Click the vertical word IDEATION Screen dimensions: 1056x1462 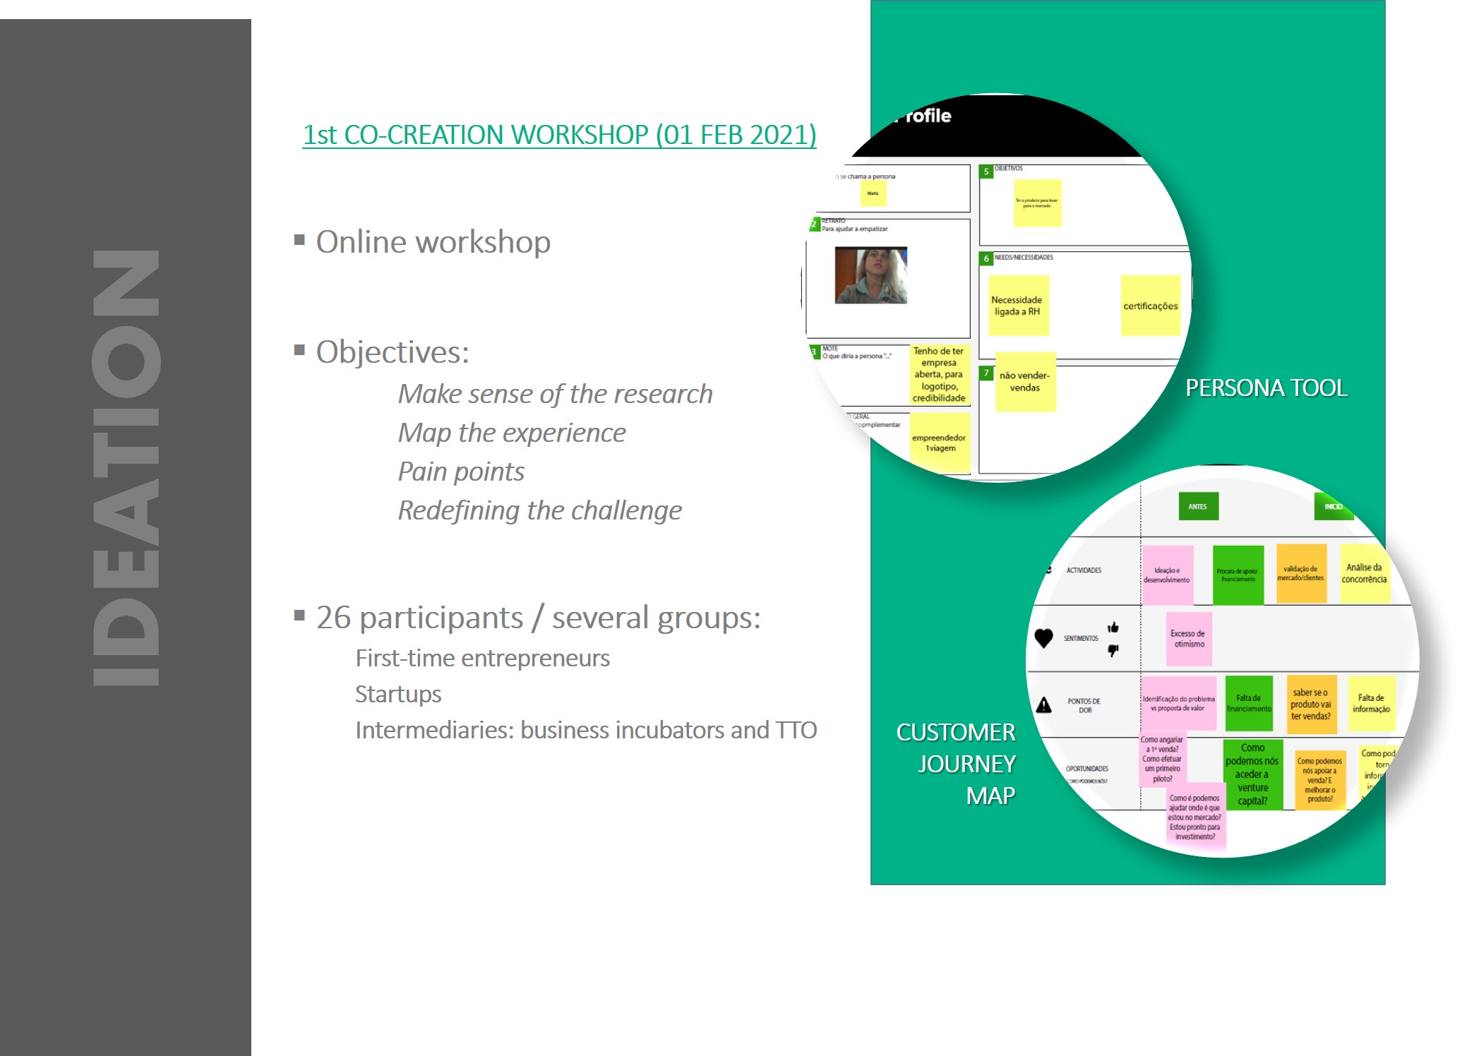coord(126,468)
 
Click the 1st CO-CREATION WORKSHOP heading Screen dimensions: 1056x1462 coord(559,135)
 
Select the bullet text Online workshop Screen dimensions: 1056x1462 coord(433,242)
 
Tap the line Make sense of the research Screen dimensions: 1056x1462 coord(555,394)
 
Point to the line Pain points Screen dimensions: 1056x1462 coord(461,472)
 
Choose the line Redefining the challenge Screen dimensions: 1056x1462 coord(539,510)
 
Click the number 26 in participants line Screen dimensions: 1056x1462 coord(333,618)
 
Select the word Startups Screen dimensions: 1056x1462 coord(398,695)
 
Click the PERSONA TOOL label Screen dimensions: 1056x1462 coord(1266,388)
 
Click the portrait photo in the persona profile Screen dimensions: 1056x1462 coord(870,275)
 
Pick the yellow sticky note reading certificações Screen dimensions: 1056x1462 coord(1150,306)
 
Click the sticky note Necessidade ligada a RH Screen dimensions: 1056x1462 coord(1017,306)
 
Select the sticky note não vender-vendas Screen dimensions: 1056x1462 coord(1025,382)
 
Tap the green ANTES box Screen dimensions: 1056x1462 coord(1198,506)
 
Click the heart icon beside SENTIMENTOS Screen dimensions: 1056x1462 coord(1043,638)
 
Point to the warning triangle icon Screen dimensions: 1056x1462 coord(1043,705)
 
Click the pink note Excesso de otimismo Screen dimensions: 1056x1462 coord(1189,640)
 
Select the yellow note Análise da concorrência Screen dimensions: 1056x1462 coord(1364,574)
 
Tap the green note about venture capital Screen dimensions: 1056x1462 coord(1252,774)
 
